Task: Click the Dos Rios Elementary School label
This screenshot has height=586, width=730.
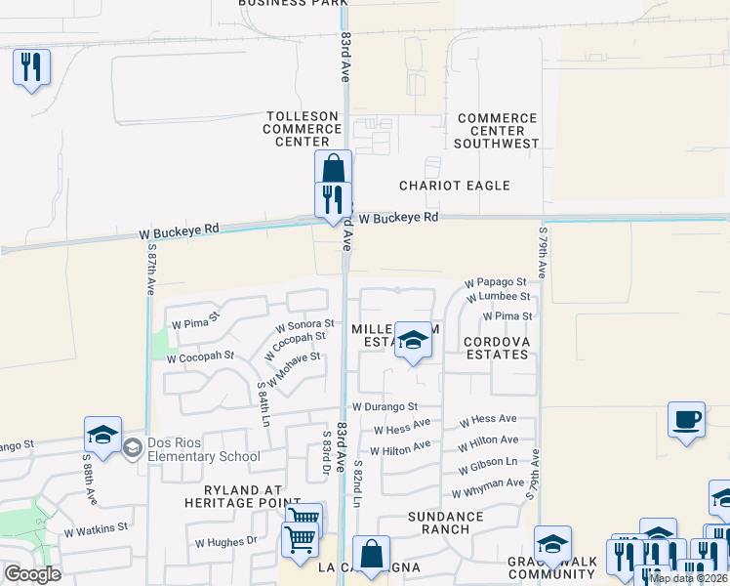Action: pos(203,449)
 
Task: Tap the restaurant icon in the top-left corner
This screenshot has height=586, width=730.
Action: pos(31,67)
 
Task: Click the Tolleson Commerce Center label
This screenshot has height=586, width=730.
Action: pos(302,129)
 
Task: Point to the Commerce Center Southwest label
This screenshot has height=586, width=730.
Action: pos(498,131)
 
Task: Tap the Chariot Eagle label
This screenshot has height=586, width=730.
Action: pos(455,186)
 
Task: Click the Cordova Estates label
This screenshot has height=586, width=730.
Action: pos(496,348)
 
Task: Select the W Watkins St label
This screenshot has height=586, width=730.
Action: pos(96,529)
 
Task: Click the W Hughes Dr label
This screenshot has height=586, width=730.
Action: pos(225,540)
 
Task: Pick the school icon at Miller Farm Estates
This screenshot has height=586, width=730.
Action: pos(414,341)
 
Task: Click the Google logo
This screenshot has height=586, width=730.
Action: pos(32,574)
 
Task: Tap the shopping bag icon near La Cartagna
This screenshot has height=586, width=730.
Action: pos(372,555)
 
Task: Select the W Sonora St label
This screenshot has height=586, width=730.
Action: pos(304,323)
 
